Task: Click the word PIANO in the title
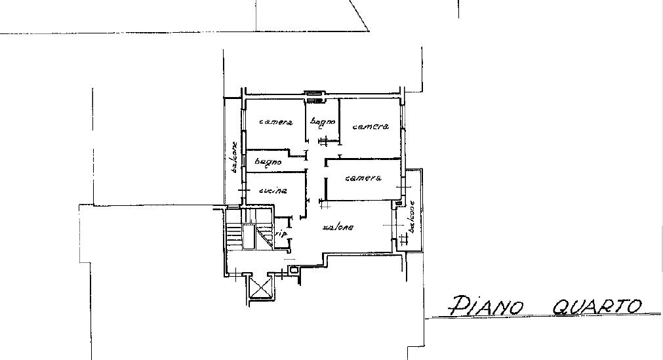(487, 306)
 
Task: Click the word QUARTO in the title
(597, 306)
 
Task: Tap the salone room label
(338, 227)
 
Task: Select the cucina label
(273, 191)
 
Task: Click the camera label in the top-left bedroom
(276, 122)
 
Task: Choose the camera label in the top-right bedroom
(371, 127)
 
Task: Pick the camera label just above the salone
(364, 178)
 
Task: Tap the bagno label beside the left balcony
(268, 162)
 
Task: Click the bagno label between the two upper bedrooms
(323, 122)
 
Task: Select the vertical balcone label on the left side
(234, 157)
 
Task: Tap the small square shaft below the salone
(293, 269)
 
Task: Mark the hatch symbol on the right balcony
(403, 240)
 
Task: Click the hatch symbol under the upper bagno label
(325, 140)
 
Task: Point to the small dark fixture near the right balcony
(398, 203)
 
